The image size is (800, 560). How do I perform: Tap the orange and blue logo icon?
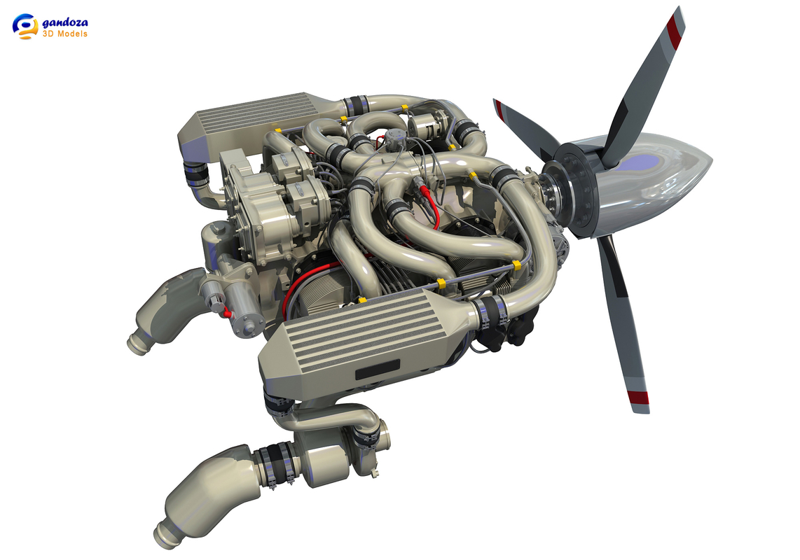pyautogui.click(x=25, y=27)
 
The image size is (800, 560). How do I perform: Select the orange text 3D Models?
pyautogui.click(x=65, y=34)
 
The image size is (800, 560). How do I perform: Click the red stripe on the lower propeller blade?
pyautogui.click(x=637, y=400)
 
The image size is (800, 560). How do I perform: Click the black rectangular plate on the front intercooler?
pyautogui.click(x=377, y=370)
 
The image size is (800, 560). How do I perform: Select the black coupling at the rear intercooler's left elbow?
pyautogui.click(x=191, y=171)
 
